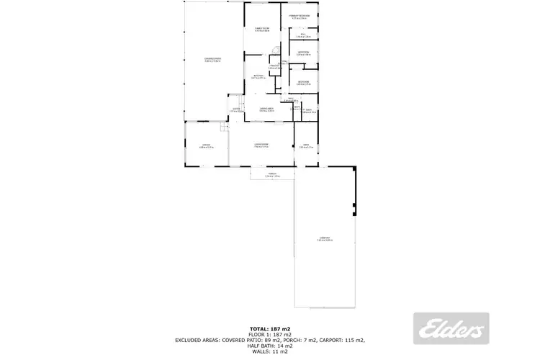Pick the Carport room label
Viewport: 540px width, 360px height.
click(x=324, y=238)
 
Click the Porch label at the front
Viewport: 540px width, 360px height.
click(x=273, y=174)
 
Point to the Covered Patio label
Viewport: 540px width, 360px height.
click(x=212, y=59)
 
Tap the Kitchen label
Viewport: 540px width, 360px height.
click(x=258, y=76)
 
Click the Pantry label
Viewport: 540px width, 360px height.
click(x=274, y=67)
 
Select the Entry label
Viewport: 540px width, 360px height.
click(x=235, y=110)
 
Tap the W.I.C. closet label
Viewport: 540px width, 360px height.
click(x=303, y=34)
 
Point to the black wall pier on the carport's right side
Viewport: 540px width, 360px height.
click(x=354, y=210)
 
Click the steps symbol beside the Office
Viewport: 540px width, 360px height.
click(x=225, y=127)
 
